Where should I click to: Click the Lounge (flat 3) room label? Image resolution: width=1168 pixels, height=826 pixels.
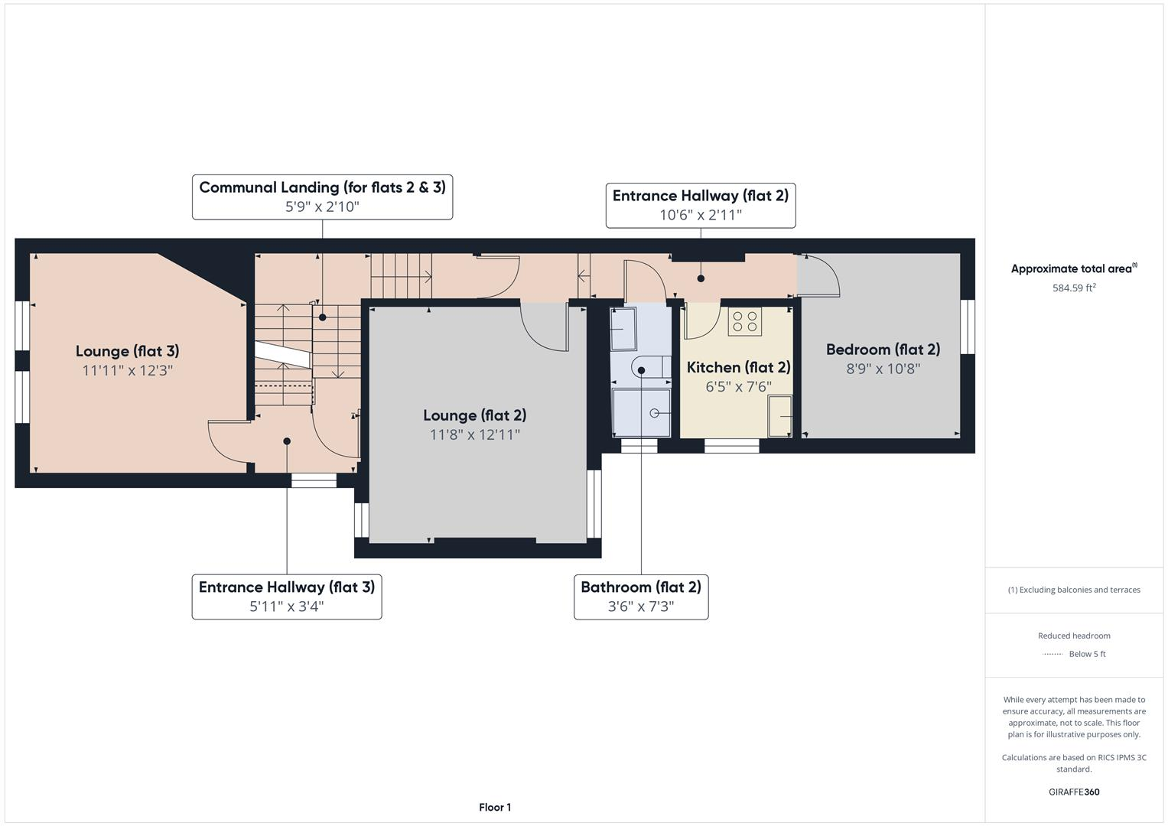tap(127, 351)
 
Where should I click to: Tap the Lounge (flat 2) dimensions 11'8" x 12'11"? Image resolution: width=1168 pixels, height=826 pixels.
tap(474, 434)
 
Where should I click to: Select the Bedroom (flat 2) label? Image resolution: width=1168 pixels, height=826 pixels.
tap(883, 350)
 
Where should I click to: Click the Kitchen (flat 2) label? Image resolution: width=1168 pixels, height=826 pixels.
tap(738, 367)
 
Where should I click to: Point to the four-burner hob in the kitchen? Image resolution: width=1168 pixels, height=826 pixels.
tap(744, 322)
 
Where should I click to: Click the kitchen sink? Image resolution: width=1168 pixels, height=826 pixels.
tap(780, 416)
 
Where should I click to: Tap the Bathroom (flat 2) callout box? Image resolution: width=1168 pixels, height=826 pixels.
tap(641, 597)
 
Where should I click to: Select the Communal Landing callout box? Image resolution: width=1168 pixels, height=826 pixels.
tap(322, 197)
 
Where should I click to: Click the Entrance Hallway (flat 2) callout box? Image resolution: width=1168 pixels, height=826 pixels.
tap(700, 205)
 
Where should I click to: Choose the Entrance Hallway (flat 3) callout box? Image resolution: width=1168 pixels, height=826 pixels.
tap(287, 597)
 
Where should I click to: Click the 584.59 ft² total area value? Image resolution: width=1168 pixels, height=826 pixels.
tap(1074, 288)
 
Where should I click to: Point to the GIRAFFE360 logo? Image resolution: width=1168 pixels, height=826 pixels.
tap(1074, 792)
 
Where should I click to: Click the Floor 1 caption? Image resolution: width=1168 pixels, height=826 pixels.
tap(495, 807)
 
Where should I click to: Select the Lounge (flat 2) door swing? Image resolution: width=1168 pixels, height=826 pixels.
tap(545, 327)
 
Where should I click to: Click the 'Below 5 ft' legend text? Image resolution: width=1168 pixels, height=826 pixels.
tap(1087, 654)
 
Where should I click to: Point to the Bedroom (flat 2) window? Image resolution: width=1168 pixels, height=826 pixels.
tap(968, 327)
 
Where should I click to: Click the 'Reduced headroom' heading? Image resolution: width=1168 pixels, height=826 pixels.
tap(1074, 636)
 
